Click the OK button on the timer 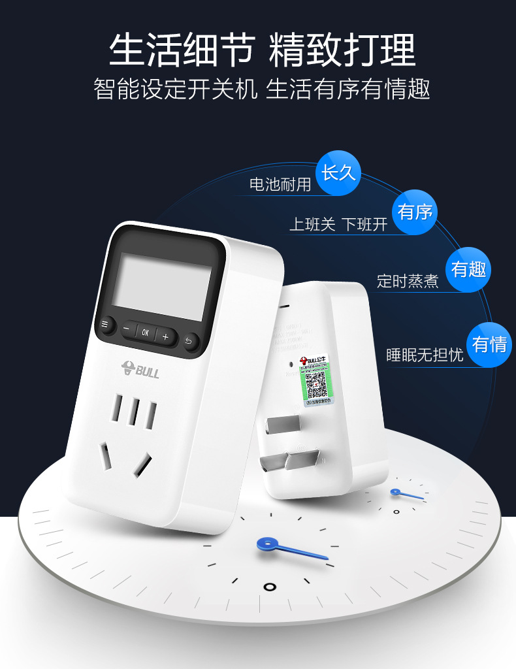click(x=145, y=332)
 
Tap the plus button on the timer click(x=166, y=337)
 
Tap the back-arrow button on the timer click(x=190, y=340)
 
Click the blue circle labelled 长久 click(x=338, y=172)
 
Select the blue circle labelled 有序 click(x=415, y=212)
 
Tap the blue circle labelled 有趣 click(x=468, y=269)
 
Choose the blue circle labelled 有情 click(x=489, y=344)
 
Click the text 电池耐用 click(x=280, y=184)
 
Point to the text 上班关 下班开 click(x=338, y=225)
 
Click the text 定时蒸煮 click(x=408, y=281)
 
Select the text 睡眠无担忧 click(x=425, y=355)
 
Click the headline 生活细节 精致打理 click(x=261, y=50)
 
